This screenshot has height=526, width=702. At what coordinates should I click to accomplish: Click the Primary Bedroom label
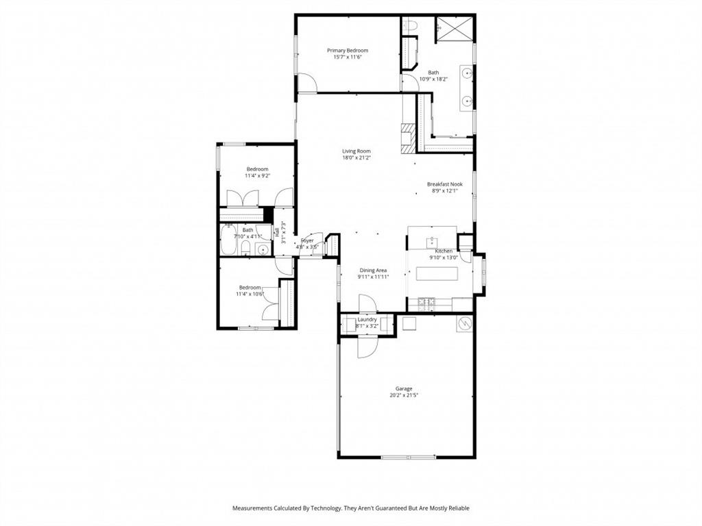pyautogui.click(x=347, y=50)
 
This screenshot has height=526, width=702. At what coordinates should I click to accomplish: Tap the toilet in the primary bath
pyautogui.click(x=410, y=25)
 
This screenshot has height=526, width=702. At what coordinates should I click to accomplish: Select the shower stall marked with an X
pyautogui.click(x=453, y=29)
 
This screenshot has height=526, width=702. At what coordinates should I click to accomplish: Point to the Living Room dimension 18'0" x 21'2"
pyautogui.click(x=356, y=158)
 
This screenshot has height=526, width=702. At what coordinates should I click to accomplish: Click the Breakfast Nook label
pyautogui.click(x=444, y=184)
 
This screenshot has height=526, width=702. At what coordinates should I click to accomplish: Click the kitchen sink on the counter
pyautogui.click(x=433, y=241)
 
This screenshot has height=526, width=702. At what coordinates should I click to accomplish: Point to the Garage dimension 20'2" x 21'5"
pyautogui.click(x=403, y=395)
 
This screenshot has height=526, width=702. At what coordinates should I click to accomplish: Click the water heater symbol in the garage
pyautogui.click(x=465, y=323)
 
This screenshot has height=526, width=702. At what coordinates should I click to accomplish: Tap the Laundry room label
pyautogui.click(x=367, y=319)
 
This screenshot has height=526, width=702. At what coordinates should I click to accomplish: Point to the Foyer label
pyautogui.click(x=307, y=240)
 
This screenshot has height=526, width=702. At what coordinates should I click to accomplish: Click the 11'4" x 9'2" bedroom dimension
pyautogui.click(x=257, y=176)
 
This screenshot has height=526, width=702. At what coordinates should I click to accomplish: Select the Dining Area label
pyautogui.click(x=373, y=271)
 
